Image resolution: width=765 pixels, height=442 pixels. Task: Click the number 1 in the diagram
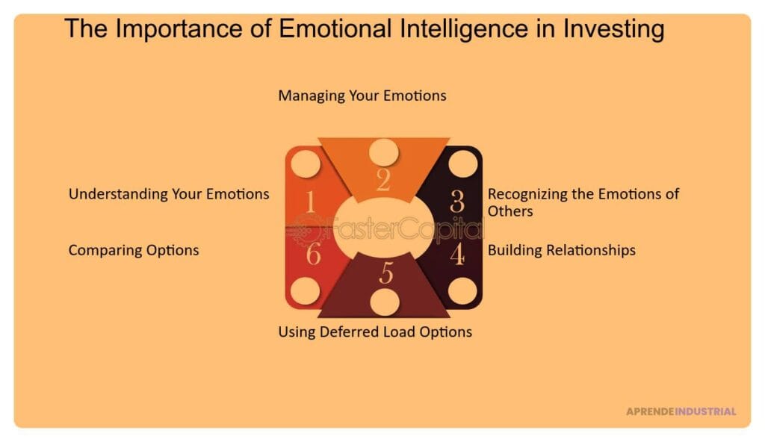(310, 202)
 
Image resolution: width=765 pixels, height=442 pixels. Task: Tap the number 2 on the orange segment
(383, 180)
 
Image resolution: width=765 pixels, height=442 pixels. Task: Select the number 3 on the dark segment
(457, 201)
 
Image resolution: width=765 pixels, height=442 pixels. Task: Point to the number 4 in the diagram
(457, 254)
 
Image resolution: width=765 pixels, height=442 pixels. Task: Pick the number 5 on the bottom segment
(386, 273)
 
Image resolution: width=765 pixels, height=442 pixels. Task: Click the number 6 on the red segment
(313, 254)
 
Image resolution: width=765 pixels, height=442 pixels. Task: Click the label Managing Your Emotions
(362, 96)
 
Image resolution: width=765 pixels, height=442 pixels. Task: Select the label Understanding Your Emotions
(169, 194)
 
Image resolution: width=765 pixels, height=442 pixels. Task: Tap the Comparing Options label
(134, 250)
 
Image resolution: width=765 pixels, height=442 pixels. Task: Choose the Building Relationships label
(562, 250)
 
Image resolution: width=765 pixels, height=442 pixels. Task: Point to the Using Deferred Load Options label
(375, 332)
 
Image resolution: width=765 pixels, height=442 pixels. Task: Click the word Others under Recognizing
(510, 211)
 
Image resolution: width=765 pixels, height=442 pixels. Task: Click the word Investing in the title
(614, 29)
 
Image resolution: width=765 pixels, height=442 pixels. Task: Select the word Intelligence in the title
(464, 29)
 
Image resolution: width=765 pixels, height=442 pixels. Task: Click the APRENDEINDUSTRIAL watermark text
(681, 411)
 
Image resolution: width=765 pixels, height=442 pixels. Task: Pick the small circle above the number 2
(384, 152)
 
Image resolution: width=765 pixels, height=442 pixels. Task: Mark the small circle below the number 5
(385, 302)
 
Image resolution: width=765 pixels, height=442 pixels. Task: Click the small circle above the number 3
(462, 164)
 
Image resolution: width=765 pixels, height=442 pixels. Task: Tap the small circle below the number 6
(306, 290)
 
